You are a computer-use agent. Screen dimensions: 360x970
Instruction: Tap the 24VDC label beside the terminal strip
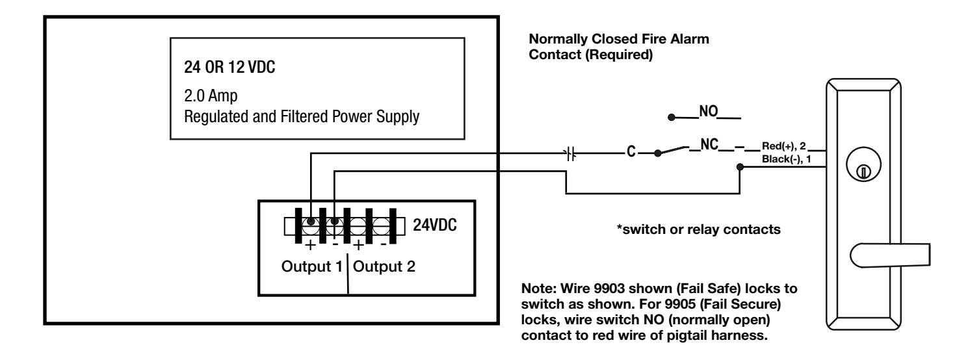click(435, 227)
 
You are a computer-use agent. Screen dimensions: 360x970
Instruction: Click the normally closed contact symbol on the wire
click(570, 154)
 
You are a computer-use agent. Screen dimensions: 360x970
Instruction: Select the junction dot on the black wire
click(740, 167)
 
